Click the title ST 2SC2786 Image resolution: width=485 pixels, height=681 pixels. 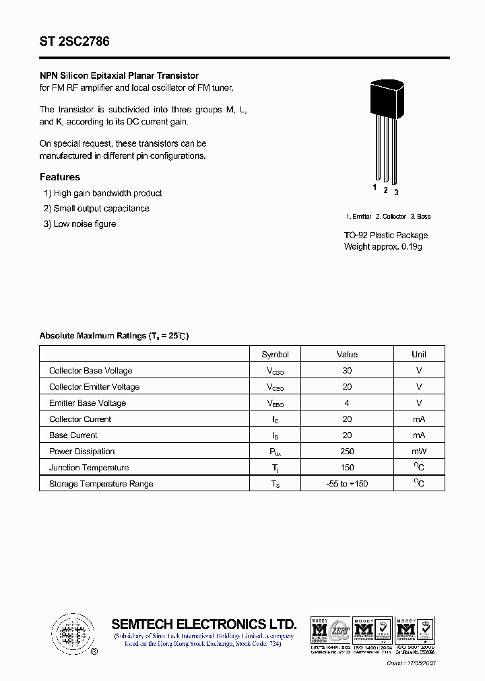(74, 42)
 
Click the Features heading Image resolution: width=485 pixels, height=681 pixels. (60, 177)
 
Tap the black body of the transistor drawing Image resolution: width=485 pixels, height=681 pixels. (385, 98)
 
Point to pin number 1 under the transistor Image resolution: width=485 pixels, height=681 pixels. (375, 187)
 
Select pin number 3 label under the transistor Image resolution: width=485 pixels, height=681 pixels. (396, 192)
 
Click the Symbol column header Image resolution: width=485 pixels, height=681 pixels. (275, 355)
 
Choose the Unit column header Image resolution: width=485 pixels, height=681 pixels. (419, 355)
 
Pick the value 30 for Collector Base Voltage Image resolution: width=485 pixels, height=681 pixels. (347, 371)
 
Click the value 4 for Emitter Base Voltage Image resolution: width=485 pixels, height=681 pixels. (347, 403)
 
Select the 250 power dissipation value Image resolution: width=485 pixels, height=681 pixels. (347, 452)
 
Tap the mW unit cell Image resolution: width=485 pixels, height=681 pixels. (419, 452)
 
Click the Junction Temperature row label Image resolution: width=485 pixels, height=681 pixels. (89, 468)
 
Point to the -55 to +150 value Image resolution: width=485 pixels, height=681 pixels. (347, 484)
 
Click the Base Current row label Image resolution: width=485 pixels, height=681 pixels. (73, 435)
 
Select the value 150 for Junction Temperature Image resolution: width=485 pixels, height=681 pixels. (347, 468)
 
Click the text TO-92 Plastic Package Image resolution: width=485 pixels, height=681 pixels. (386, 236)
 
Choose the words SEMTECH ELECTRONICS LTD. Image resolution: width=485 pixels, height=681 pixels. (203, 624)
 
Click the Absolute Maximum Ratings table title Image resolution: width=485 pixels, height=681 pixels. (114, 336)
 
